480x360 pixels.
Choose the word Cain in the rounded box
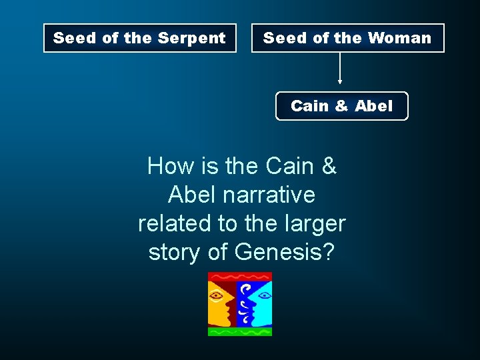coord(310,106)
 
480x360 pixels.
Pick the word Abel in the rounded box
coord(374,106)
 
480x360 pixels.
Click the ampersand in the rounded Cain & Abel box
coord(342,106)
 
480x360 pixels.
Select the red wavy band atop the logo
coord(240,276)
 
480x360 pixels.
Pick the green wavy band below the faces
coord(240,331)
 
